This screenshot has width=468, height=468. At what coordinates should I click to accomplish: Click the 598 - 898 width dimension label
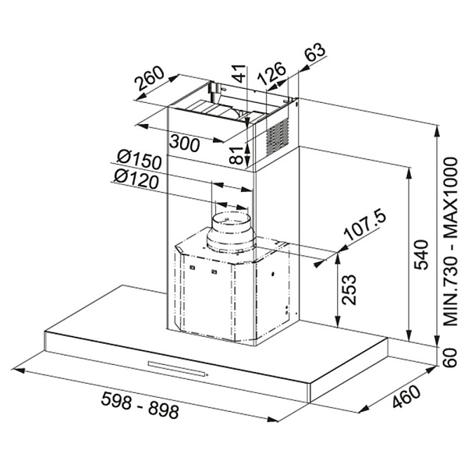click(140, 405)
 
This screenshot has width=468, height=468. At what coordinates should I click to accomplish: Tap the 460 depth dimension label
click(406, 397)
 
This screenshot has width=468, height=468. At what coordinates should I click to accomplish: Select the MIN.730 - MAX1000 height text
click(451, 242)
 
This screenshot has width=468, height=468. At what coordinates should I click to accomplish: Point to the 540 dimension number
click(421, 254)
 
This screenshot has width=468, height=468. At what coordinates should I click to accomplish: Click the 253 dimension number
click(349, 289)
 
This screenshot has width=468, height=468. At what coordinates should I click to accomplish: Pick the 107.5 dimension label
click(365, 225)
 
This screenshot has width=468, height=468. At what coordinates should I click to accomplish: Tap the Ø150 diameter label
click(139, 159)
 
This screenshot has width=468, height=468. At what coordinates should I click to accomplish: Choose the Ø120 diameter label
click(136, 179)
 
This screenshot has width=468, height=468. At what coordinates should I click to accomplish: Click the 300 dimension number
click(184, 144)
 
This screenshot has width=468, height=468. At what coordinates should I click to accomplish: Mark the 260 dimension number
click(150, 78)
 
